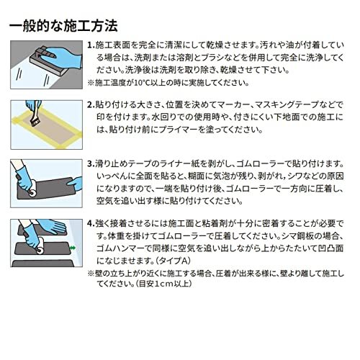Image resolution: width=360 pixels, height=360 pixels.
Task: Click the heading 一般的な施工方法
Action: (63, 26)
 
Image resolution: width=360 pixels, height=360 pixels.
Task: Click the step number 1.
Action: (89, 45)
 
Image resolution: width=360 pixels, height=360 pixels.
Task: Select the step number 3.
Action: (89, 164)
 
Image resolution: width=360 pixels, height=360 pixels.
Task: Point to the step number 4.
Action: (89, 222)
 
